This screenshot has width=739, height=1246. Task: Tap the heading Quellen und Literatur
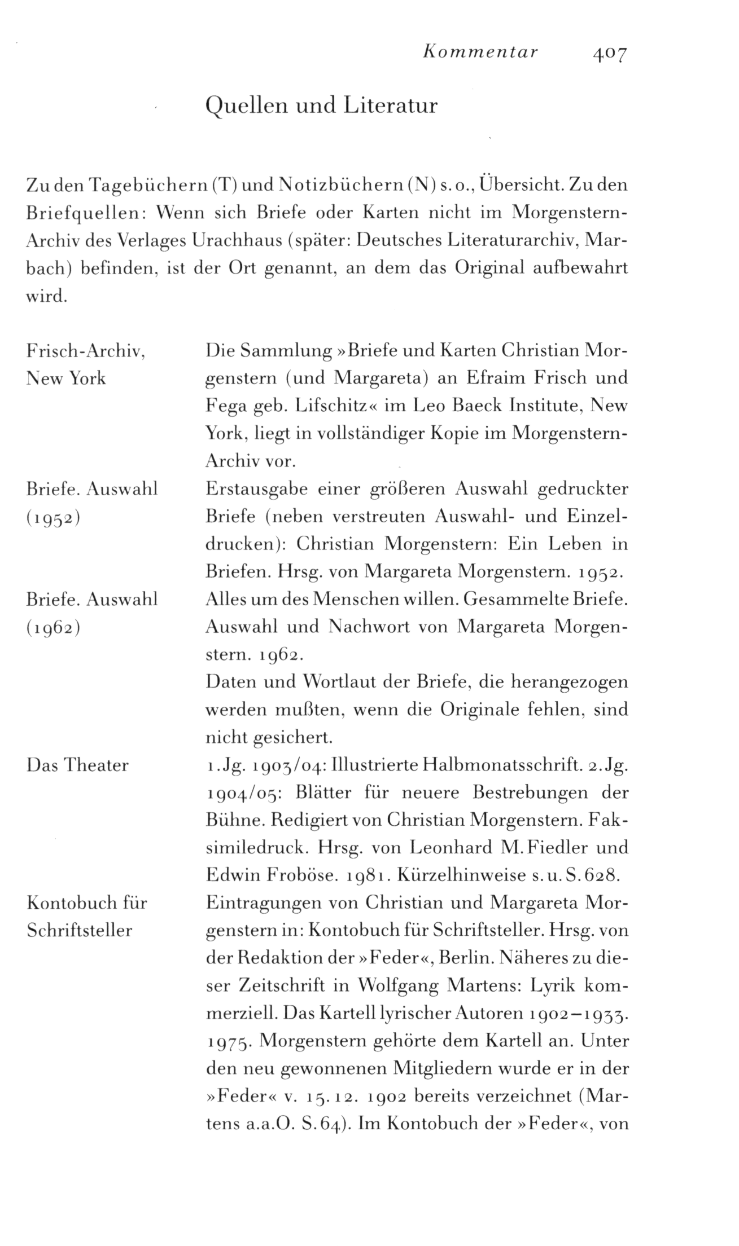pos(321,106)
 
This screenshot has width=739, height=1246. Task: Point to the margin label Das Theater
pos(78,765)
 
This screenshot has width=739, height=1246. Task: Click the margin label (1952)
pos(54,517)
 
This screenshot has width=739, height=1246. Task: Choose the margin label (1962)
pos(54,627)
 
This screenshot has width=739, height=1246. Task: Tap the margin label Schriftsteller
pos(80,930)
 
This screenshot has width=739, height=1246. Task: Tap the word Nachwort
pos(361,627)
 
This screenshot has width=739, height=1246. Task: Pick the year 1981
pos(366,875)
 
